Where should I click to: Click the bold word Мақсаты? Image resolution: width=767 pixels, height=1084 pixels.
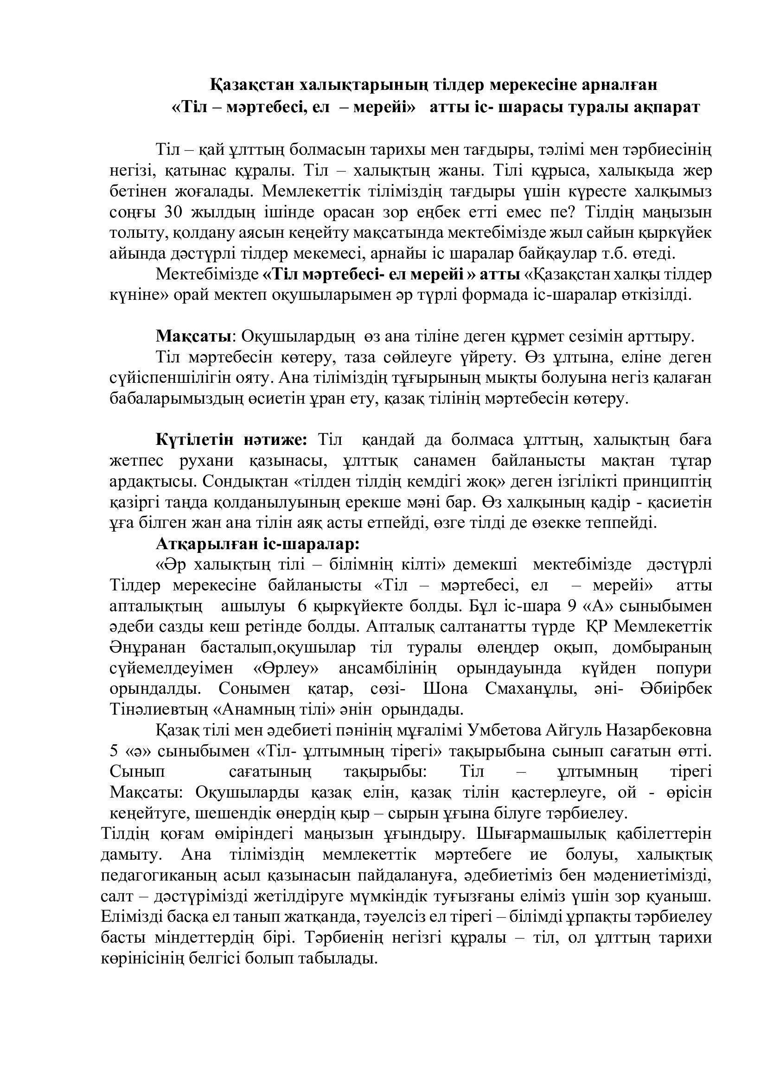194,336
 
